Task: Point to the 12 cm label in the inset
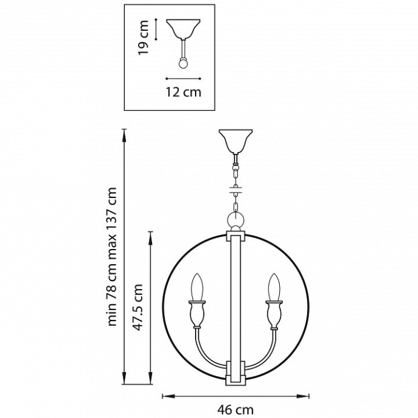point(183,92)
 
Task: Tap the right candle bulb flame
point(273,287)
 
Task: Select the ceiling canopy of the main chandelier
point(234,141)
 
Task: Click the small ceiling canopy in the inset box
point(183,28)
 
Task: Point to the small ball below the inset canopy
point(183,62)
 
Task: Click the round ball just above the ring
point(234,218)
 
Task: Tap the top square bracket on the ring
point(234,234)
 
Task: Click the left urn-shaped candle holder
point(196,314)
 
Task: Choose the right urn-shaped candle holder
point(273,314)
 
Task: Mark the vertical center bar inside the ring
point(234,303)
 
